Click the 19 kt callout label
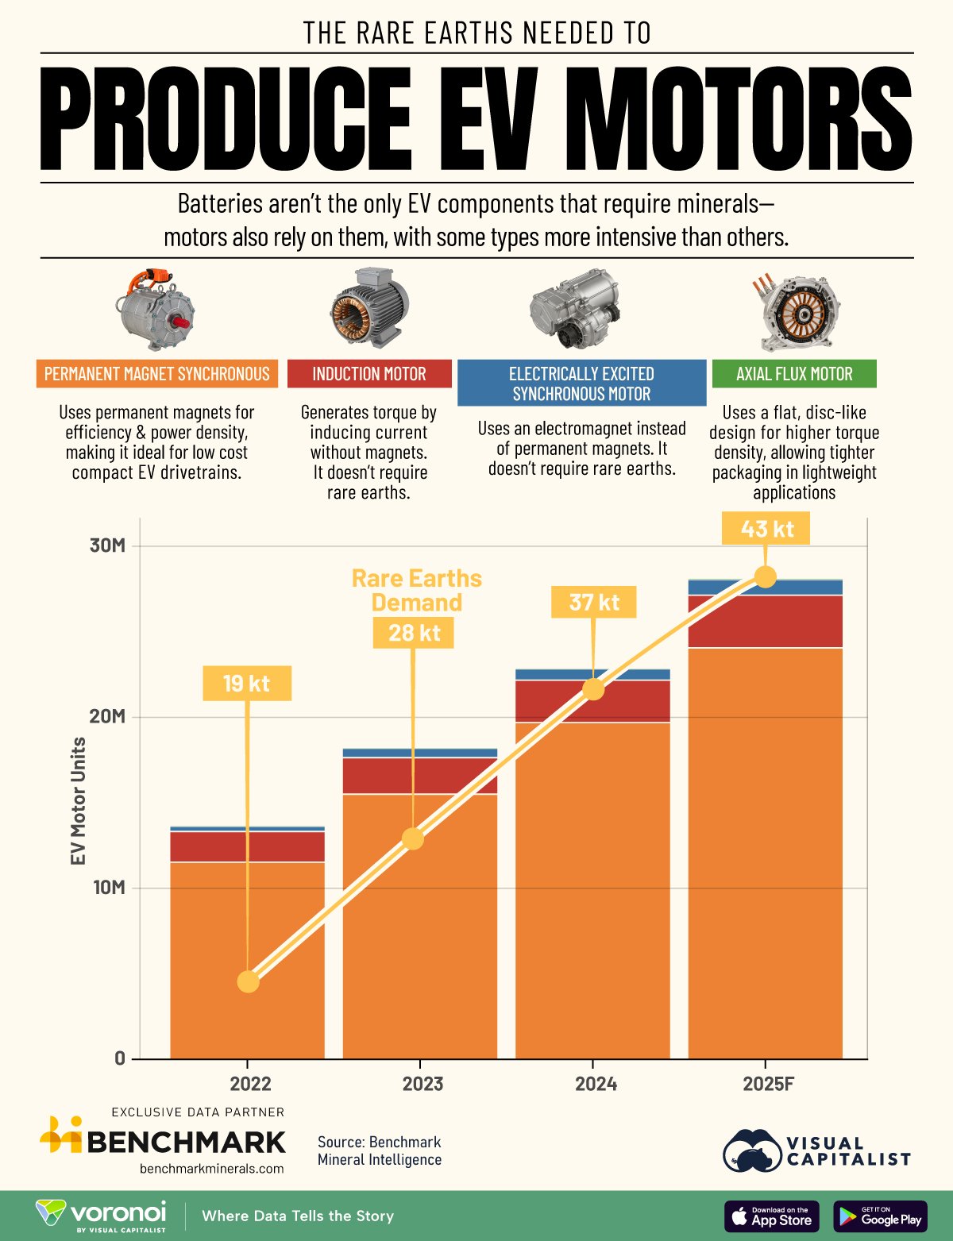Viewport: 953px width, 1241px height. point(247,683)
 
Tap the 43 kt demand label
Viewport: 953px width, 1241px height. point(766,529)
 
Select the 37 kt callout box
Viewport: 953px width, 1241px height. point(594,602)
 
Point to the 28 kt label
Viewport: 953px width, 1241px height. point(414,632)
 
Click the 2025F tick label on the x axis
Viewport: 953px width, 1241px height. point(768,1084)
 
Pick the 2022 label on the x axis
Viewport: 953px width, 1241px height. point(250,1084)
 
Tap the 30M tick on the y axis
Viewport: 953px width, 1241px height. point(107,545)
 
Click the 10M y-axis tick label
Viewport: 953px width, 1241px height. point(108,887)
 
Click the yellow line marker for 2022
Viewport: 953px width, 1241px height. point(249,982)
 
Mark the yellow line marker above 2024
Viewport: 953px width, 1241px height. point(593,689)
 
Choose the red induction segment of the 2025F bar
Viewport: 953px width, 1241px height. point(765,621)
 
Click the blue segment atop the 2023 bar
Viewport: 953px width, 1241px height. point(419,753)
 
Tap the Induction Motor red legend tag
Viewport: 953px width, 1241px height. point(369,374)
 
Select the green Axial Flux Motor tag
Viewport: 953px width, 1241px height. point(794,374)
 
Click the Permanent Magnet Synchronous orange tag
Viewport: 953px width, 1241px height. point(157,374)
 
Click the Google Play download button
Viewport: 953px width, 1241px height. point(880,1216)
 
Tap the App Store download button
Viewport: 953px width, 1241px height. point(771,1216)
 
